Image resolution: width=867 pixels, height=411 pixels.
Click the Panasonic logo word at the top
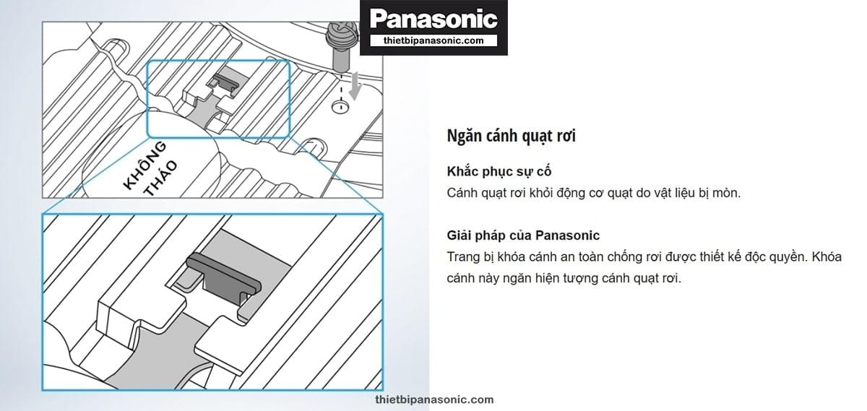click(433, 20)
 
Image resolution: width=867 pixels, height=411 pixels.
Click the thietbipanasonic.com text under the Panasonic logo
click(433, 40)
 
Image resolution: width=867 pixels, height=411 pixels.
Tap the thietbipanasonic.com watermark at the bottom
click(435, 399)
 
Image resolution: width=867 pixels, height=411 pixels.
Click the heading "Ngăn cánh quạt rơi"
click(512, 136)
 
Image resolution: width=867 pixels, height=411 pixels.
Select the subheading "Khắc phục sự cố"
click(494, 173)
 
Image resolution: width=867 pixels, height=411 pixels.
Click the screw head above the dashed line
click(339, 33)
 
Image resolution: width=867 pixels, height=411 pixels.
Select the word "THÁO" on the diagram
click(160, 180)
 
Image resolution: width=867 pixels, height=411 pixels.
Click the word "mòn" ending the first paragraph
click(727, 194)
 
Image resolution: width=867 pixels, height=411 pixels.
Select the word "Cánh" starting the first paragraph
click(463, 194)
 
